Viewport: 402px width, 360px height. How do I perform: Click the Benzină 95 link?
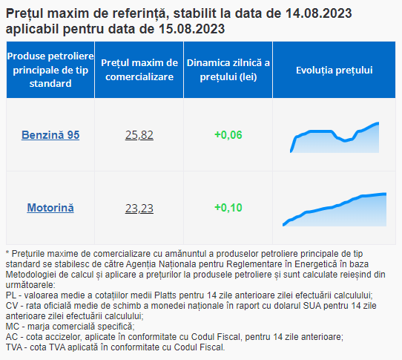pyautogui.click(x=50, y=135)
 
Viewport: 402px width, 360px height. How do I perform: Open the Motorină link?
pyautogui.click(x=50, y=208)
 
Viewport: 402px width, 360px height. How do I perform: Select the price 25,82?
pyautogui.click(x=139, y=135)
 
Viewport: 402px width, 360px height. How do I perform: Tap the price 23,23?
pyautogui.click(x=139, y=208)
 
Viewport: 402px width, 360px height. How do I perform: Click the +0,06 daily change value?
pyautogui.click(x=228, y=135)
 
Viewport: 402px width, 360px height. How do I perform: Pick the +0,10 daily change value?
pyautogui.click(x=228, y=208)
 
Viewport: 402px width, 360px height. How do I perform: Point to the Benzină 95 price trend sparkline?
pyautogui.click(x=335, y=137)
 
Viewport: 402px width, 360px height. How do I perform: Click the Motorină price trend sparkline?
pyautogui.click(x=335, y=209)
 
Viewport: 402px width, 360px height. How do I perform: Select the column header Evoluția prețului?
pyautogui.click(x=335, y=70)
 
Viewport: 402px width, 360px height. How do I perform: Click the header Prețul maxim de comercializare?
pyautogui.click(x=139, y=70)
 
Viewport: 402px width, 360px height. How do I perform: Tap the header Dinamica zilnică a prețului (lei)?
pyautogui.click(x=228, y=70)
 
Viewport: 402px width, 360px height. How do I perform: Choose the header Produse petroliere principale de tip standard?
pyautogui.click(x=50, y=70)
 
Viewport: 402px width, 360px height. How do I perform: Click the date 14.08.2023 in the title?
pyautogui.click(x=318, y=13)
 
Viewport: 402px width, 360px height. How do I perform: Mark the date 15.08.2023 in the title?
pyautogui.click(x=192, y=29)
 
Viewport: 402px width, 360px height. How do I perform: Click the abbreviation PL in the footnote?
pyautogui.click(x=11, y=295)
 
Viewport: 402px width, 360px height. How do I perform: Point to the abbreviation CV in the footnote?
pyautogui.click(x=11, y=306)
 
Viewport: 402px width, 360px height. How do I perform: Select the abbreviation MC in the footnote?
pyautogui.click(x=13, y=327)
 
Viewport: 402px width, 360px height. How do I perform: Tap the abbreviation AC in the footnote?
pyautogui.click(x=12, y=337)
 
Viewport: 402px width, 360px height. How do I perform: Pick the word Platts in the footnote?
pyautogui.click(x=165, y=295)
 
